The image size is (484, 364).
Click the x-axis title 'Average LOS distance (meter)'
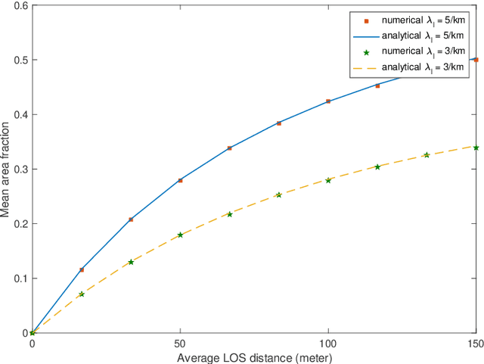[x=254, y=357]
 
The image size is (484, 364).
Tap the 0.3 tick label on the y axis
[x=20, y=169]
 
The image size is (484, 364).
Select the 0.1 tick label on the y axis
[x=20, y=278]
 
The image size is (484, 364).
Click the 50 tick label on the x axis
[x=180, y=344]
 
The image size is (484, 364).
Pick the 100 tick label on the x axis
[x=327, y=344]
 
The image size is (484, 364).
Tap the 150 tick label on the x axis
[x=476, y=344]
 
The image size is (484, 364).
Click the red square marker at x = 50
[x=180, y=180]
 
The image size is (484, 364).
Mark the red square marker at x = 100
[x=327, y=101]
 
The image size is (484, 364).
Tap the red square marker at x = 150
[x=476, y=59]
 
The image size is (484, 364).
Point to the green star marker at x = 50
[x=180, y=235]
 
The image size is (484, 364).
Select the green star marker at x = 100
[x=327, y=180]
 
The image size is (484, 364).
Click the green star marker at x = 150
[x=476, y=148]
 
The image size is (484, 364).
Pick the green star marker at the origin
[x=32, y=332]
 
